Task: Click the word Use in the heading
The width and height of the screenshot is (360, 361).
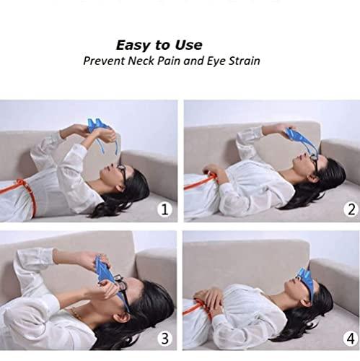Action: point(188,45)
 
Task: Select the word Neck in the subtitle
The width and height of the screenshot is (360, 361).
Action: point(144,61)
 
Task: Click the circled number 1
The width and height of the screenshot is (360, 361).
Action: point(165,210)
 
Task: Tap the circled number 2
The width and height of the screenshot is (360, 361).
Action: point(351,209)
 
